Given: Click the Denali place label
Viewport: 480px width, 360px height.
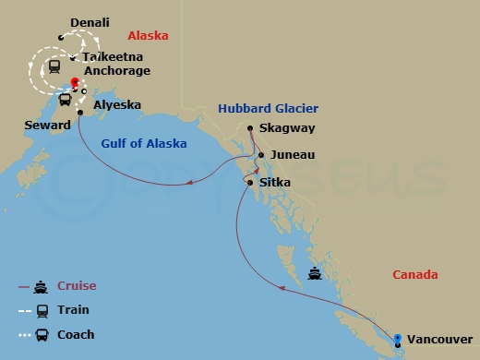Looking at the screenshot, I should point(89,21).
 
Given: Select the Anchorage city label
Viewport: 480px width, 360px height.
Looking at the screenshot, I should point(116,70).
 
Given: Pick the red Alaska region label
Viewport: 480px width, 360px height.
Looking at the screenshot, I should point(147,36).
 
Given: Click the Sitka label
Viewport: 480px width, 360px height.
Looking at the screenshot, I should point(275,183).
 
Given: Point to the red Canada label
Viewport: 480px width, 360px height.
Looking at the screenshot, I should point(414,275).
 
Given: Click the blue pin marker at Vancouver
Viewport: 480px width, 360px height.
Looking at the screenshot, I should point(398,338).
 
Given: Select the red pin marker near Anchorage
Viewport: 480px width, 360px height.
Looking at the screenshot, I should point(75,82).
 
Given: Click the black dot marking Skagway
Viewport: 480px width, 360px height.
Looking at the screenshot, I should point(250,128).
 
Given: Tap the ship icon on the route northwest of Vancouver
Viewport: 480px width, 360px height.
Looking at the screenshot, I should point(317,273).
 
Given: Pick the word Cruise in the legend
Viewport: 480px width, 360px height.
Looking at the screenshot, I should point(77,286).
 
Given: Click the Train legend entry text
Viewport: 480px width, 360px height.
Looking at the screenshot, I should point(73,310).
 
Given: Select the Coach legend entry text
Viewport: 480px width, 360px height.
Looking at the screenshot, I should point(76,334).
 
